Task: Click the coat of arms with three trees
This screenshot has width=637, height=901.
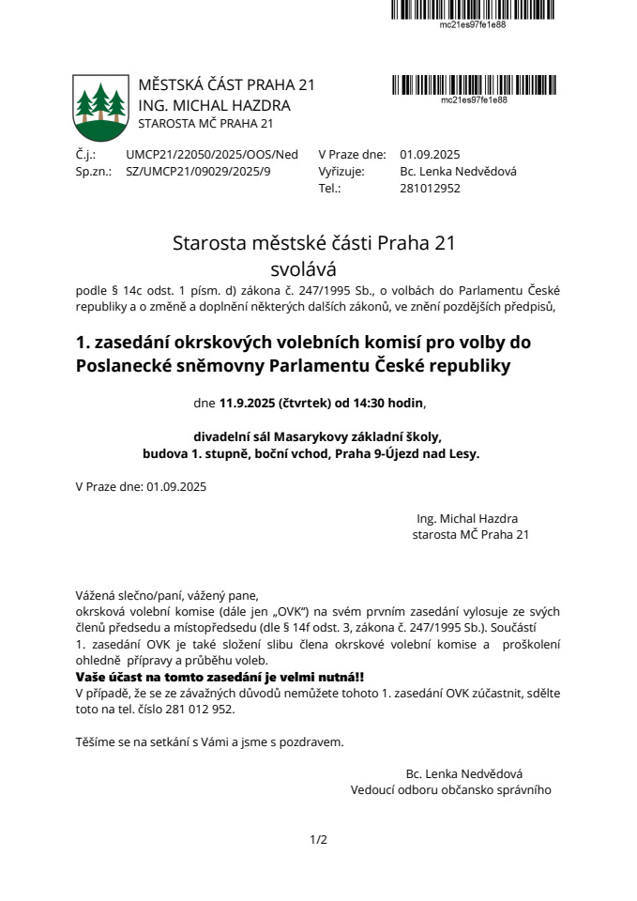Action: click(100, 107)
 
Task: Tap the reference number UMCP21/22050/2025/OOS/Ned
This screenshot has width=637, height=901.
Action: click(212, 155)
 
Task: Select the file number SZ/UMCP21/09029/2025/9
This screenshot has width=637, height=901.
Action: click(198, 172)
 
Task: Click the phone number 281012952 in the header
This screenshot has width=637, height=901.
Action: click(430, 188)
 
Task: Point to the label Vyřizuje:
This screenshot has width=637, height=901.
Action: click(341, 172)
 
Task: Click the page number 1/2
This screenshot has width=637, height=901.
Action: click(318, 839)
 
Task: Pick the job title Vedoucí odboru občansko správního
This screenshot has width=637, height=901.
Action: click(451, 790)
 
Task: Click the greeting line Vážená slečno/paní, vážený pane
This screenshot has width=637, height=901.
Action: click(166, 595)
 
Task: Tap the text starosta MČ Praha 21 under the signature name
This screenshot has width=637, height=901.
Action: click(471, 535)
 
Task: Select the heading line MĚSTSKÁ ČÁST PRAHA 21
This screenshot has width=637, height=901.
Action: click(226, 84)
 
